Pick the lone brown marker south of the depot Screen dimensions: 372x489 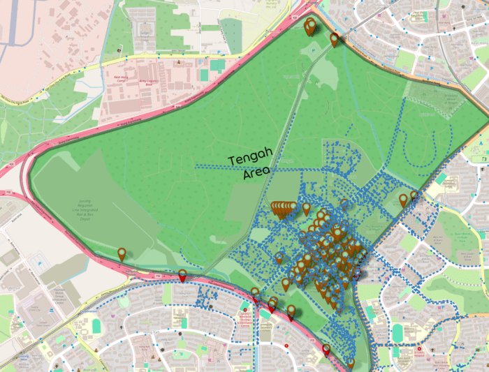(x=122, y=255)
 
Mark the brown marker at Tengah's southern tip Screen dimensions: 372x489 (x=351, y=363)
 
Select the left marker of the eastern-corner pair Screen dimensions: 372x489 (x=403, y=200)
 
